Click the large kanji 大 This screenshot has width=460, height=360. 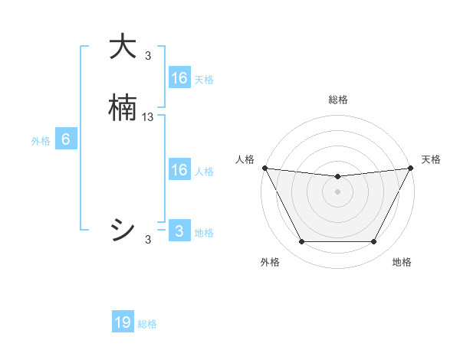click(x=123, y=47)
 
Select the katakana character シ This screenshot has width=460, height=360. click(x=123, y=229)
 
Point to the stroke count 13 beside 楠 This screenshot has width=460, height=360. click(x=148, y=117)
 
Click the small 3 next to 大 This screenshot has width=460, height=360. click(x=148, y=55)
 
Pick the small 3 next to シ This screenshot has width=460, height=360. click(x=148, y=240)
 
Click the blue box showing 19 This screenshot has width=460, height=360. click(x=123, y=322)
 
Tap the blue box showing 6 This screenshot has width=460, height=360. click(x=66, y=140)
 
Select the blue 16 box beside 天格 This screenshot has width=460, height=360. click(x=179, y=77)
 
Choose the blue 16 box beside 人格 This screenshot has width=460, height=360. click(x=179, y=170)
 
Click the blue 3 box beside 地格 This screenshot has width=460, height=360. click(x=179, y=231)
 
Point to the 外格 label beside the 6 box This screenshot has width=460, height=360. click(x=41, y=141)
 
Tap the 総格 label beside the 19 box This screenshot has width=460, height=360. click(x=147, y=324)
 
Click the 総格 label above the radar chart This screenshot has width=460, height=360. click(x=338, y=100)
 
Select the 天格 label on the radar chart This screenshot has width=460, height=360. click(x=431, y=159)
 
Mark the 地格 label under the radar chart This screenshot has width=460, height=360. click(x=402, y=262)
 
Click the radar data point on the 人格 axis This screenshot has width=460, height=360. click(x=264, y=168)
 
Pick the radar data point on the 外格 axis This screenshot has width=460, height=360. click(x=301, y=242)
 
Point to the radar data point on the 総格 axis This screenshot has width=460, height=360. click(x=338, y=177)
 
